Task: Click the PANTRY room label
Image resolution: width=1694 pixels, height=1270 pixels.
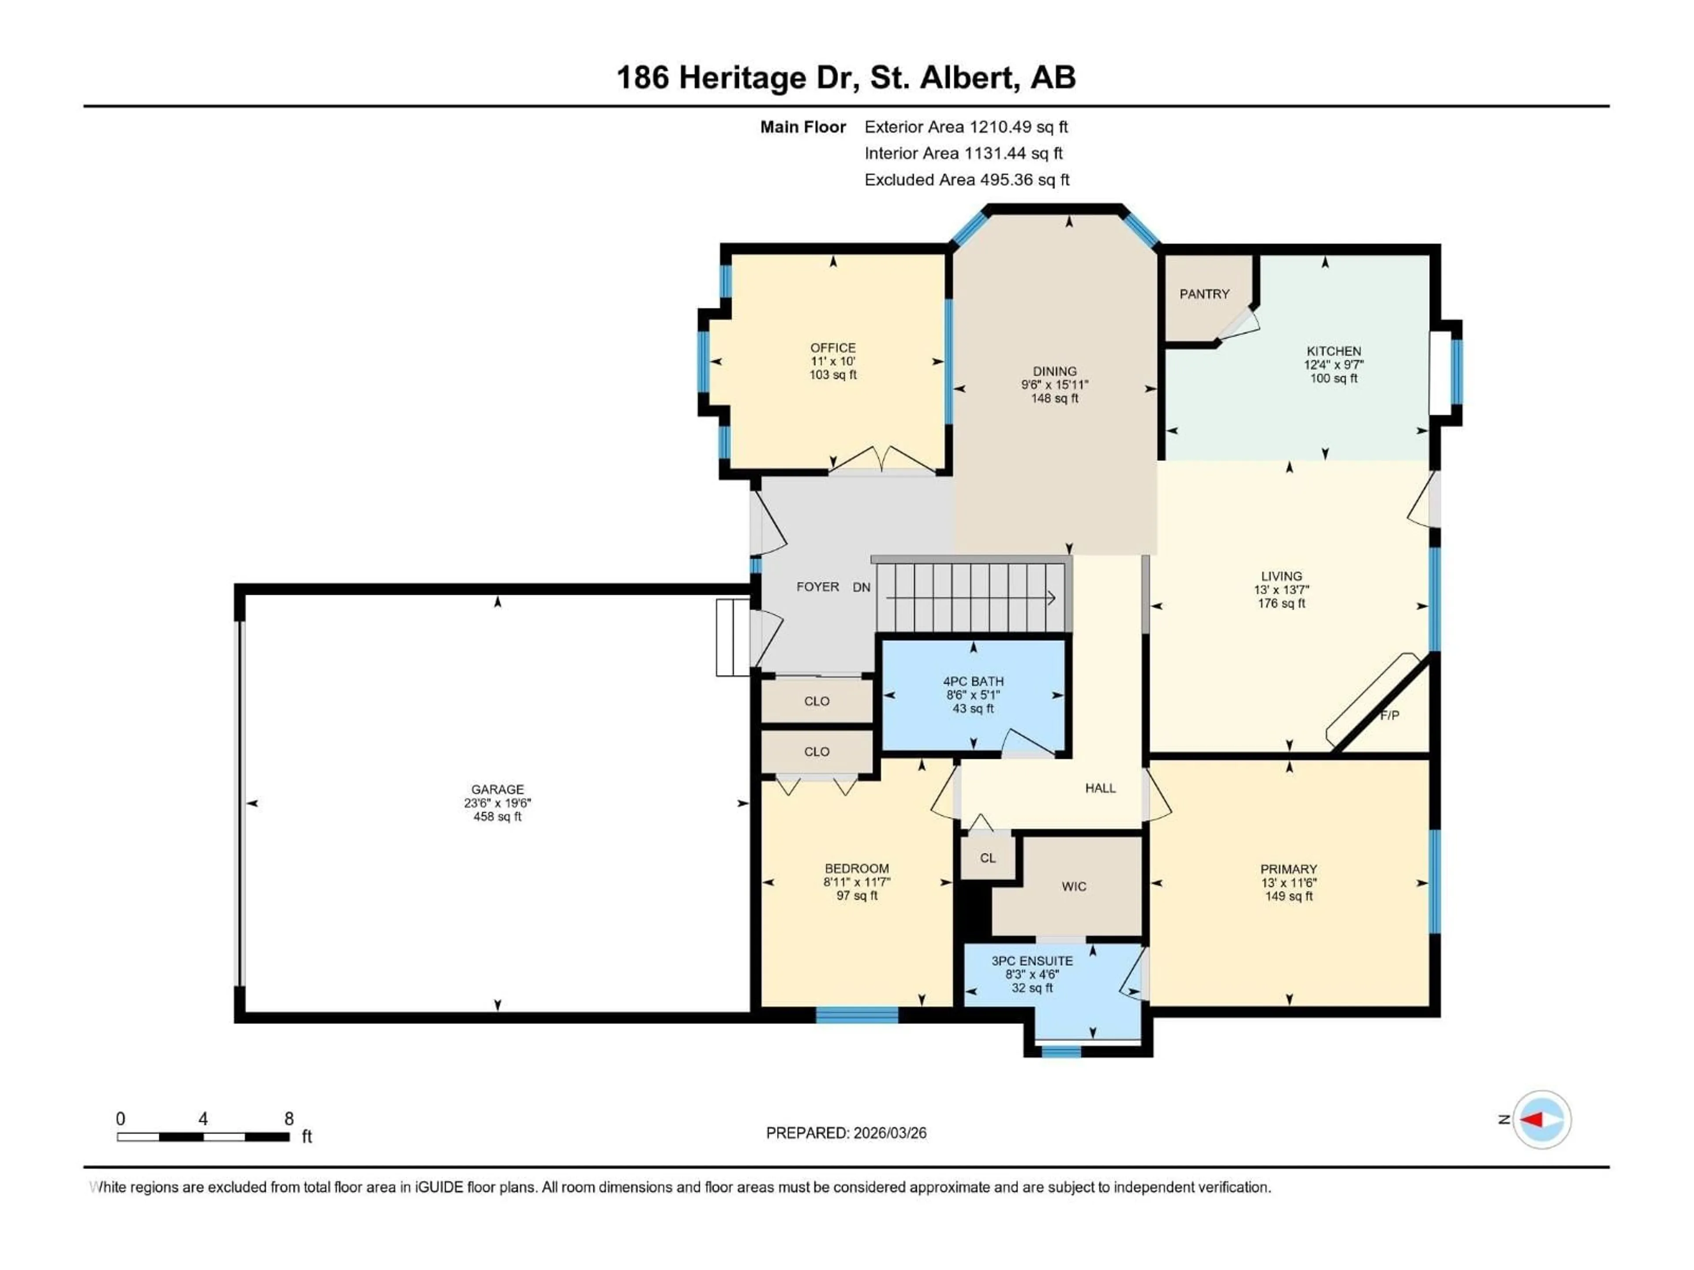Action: (1204, 294)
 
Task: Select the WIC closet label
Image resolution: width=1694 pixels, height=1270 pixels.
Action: (1074, 886)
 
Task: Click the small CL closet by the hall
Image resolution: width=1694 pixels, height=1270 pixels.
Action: (988, 858)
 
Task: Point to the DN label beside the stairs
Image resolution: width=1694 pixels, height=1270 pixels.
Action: (862, 587)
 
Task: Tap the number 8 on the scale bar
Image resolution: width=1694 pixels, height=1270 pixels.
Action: (289, 1118)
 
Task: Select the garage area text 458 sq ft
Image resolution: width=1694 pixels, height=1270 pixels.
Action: (497, 817)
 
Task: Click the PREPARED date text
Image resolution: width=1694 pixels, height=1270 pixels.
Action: (846, 1133)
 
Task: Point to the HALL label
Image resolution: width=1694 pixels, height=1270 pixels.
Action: (1100, 788)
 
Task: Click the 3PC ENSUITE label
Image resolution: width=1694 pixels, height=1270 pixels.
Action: (1031, 961)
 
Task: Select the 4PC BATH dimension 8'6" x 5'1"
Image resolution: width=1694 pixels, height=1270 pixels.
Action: (973, 695)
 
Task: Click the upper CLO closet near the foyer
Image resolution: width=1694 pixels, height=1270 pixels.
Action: (817, 701)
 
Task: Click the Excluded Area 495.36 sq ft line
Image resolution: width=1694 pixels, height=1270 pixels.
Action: (967, 180)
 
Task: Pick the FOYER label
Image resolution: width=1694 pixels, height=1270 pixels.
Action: (817, 587)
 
